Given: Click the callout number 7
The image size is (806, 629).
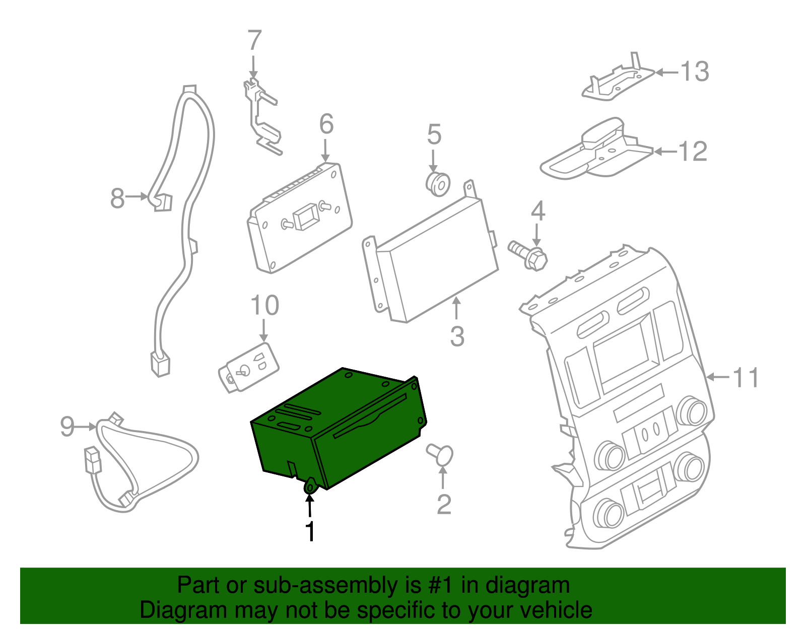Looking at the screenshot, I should coord(255,41).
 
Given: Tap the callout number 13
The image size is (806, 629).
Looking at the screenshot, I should coord(695,72).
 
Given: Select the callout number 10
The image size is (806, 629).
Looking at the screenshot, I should coord(264,306).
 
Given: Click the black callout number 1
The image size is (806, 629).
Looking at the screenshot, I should coord(311,531).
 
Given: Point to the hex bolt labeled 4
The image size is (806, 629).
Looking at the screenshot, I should coord(528,254).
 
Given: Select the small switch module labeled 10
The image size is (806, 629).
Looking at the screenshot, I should coord(249,367).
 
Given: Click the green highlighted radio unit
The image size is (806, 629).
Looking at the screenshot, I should coord(338,428).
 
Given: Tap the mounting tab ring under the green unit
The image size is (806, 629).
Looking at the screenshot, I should coord(310,487).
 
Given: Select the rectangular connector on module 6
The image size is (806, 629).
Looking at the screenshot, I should coord(305,216).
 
